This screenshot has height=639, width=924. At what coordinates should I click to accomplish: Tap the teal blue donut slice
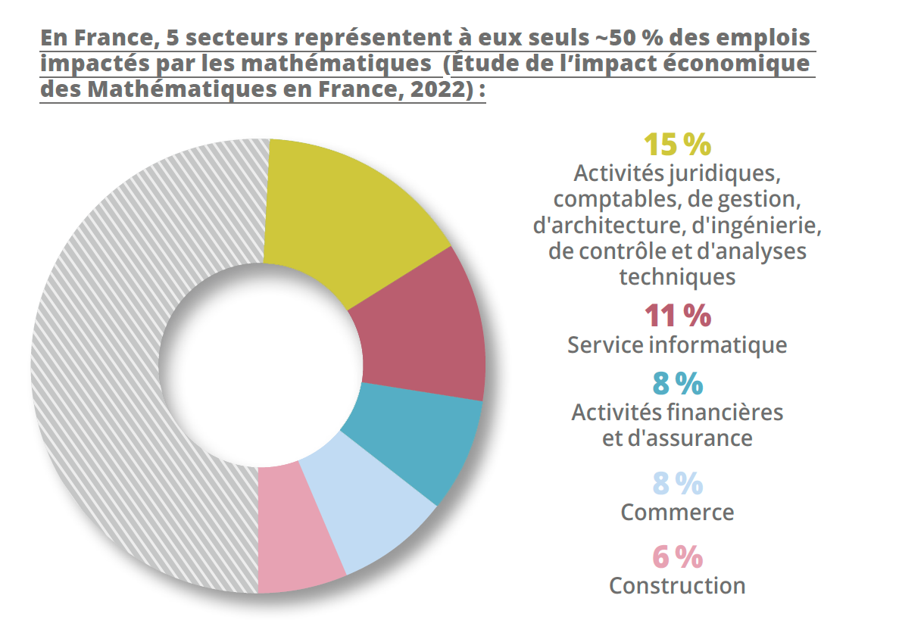(x=417, y=439)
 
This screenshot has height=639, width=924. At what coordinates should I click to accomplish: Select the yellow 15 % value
(x=677, y=144)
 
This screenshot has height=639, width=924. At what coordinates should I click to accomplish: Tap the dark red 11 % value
(x=677, y=316)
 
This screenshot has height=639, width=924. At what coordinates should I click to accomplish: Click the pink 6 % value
(x=677, y=557)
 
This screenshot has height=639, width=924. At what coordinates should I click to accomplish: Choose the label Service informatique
(x=677, y=345)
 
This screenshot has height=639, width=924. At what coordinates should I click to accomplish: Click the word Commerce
(x=677, y=513)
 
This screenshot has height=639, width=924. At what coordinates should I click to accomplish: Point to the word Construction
(x=677, y=586)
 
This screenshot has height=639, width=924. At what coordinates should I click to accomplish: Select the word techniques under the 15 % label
(x=677, y=277)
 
